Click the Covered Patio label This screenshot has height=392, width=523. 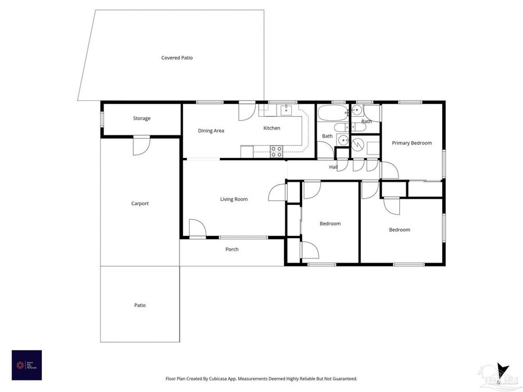coord(177,58)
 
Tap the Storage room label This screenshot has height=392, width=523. coord(142,118)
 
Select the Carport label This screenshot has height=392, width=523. coord(140,204)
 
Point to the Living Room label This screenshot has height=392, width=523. coord(234,199)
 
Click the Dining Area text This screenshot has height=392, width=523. coord(211,131)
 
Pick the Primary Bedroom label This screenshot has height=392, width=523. coord(411,143)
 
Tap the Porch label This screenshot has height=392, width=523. coord(232,249)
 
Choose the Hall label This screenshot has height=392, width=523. coord(333,167)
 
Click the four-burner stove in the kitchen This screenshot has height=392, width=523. coord(277,152)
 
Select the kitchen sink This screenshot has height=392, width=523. coord(286,110)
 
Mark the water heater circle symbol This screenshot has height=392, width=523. coord(359,143)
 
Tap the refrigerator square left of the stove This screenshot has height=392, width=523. coord(247,152)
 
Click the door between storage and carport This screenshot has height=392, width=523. coord(141,145)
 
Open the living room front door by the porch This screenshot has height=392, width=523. coord(198,229)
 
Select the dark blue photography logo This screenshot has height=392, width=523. coord(27,365)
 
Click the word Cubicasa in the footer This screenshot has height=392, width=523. coord(231,379)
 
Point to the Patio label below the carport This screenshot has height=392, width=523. coord(140,305)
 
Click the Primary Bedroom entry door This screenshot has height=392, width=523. coord(389,171)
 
